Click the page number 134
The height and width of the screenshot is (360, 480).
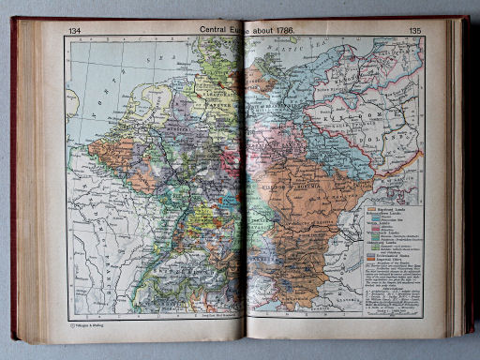click(x=75, y=32)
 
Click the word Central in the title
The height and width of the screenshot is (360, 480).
click(x=217, y=31)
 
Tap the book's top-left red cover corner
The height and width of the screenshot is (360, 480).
click(x=15, y=21)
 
